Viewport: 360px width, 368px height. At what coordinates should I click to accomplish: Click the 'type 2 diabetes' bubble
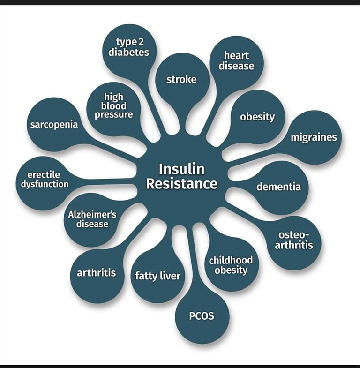click(x=129, y=48)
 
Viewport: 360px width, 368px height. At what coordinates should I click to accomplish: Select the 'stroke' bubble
click(x=181, y=79)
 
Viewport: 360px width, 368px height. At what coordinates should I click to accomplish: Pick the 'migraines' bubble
click(x=314, y=138)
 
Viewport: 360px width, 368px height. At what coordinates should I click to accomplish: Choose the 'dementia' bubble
click(x=278, y=187)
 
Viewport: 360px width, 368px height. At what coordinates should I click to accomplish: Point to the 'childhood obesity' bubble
click(x=231, y=265)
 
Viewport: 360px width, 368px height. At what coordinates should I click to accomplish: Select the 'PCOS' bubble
click(x=202, y=316)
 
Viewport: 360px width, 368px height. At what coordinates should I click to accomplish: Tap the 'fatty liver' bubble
click(x=157, y=275)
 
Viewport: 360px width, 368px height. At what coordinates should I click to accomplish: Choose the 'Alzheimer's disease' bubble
click(x=92, y=219)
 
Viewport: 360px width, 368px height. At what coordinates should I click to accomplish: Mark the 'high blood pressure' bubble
click(x=114, y=106)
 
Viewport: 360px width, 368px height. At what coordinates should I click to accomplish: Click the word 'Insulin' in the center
click(x=181, y=169)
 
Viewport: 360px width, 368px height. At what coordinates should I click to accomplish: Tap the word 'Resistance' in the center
click(x=181, y=183)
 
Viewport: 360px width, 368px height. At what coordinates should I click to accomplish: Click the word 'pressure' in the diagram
click(x=114, y=114)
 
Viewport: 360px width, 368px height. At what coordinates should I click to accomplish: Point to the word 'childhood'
click(x=231, y=260)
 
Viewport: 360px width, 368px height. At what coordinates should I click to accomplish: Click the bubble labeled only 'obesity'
click(x=257, y=117)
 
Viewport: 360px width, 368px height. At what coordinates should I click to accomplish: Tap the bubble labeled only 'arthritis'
click(x=96, y=272)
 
